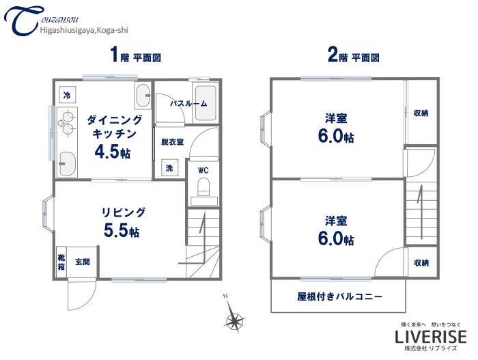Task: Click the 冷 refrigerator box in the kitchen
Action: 66,95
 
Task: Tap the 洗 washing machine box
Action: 167,167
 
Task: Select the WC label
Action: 203,170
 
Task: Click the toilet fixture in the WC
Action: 203,188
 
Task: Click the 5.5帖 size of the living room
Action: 122,231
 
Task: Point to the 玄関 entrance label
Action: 82,262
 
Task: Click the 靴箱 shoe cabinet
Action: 61,262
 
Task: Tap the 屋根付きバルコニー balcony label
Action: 339,296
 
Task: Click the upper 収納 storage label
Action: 421,113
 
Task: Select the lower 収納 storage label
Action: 421,262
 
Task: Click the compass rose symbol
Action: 234,319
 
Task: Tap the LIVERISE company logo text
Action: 431,336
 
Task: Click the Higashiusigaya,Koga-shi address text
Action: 84,29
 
